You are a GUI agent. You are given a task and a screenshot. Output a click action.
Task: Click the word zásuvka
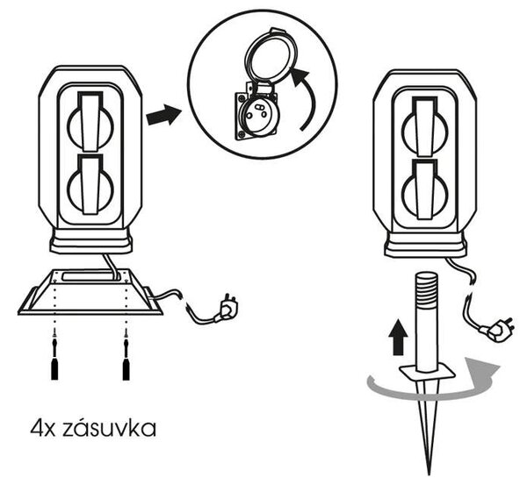pyautogui.click(x=110, y=428)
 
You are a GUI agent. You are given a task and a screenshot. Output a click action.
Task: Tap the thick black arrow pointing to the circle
pyautogui.click(x=163, y=115)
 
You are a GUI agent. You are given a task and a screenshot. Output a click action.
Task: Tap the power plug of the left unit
pyautogui.click(x=227, y=307)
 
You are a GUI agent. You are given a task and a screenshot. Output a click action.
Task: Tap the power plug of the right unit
pyautogui.click(x=498, y=330)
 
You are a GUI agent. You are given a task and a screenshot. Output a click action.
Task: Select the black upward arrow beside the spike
pyautogui.click(x=398, y=338)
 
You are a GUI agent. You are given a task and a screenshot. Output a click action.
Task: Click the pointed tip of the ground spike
pyautogui.click(x=429, y=474)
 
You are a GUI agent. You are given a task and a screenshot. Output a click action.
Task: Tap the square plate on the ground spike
pyautogui.click(x=427, y=373)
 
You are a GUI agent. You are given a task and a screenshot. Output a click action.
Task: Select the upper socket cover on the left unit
pyautogui.click(x=90, y=122)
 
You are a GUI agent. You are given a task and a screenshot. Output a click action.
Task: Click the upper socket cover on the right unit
pyautogui.click(x=425, y=126)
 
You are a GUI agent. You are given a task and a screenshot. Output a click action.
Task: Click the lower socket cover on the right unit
pyautogui.click(x=425, y=189)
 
